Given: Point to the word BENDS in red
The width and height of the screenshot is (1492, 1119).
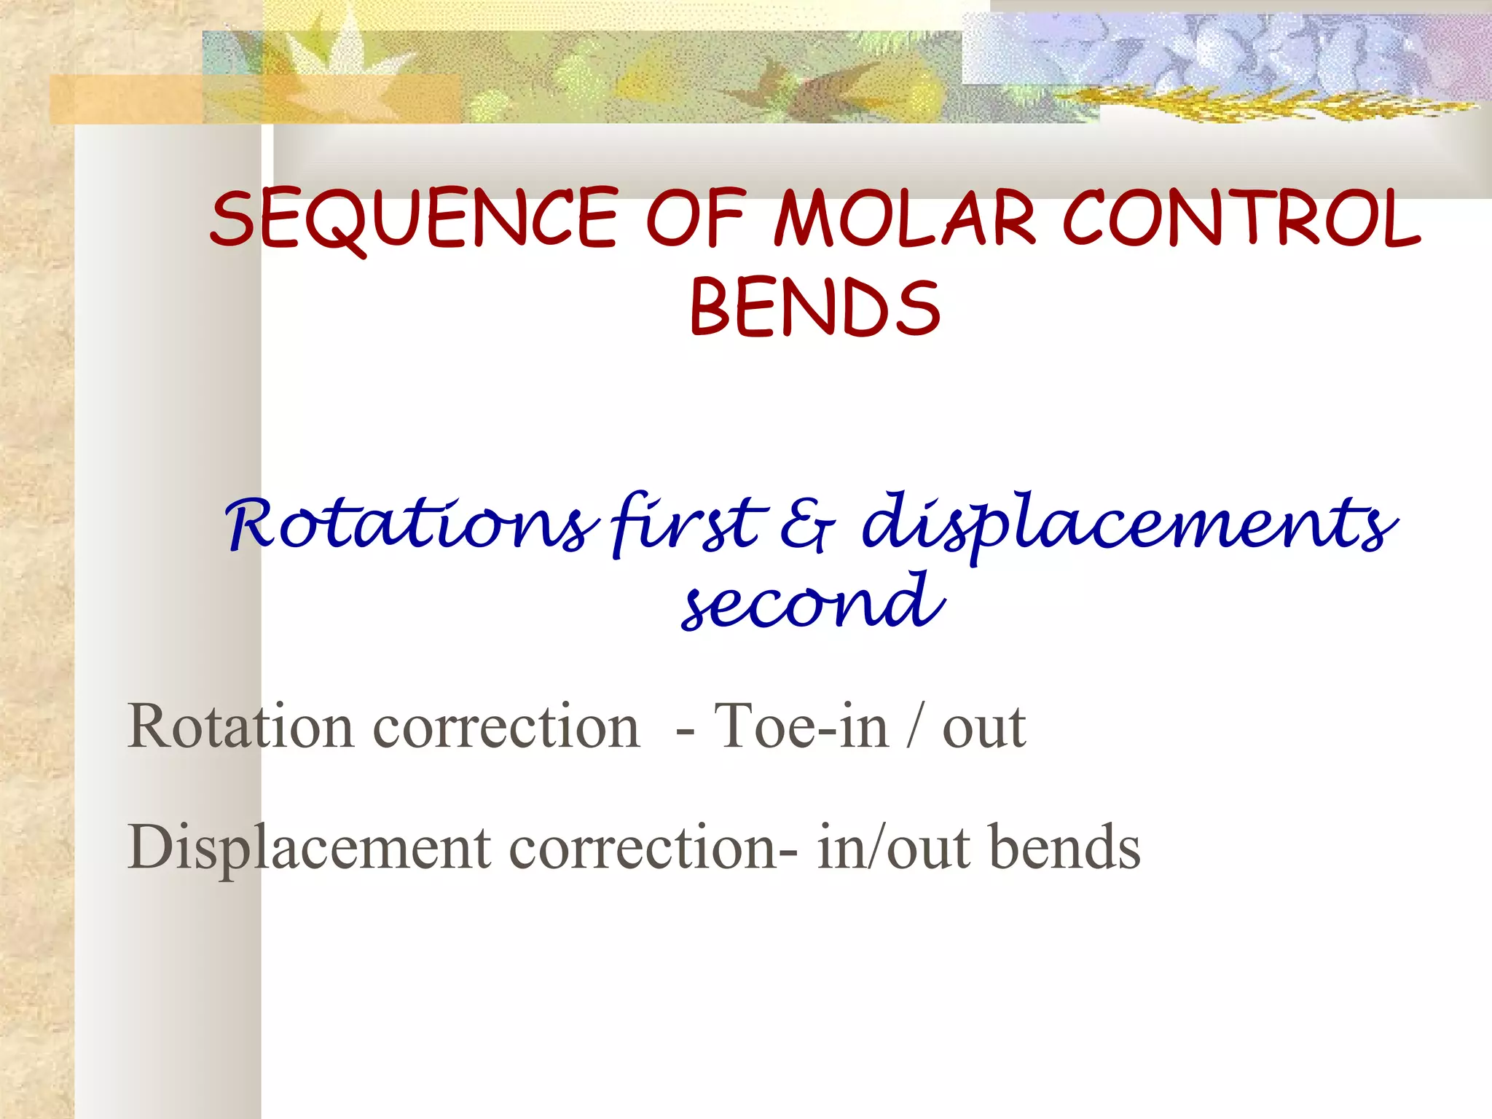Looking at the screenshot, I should pyautogui.click(x=814, y=309).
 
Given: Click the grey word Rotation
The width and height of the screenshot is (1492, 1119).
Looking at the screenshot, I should pyautogui.click(x=240, y=726).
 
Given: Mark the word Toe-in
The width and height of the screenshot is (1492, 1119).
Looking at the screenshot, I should pyautogui.click(x=801, y=726).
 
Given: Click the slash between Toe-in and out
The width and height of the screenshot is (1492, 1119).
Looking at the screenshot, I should pyautogui.click(x=915, y=726).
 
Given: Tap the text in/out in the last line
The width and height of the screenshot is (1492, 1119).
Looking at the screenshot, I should pyautogui.click(x=893, y=848).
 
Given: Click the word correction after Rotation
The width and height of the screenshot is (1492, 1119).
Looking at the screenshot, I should pyautogui.click(x=506, y=726).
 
